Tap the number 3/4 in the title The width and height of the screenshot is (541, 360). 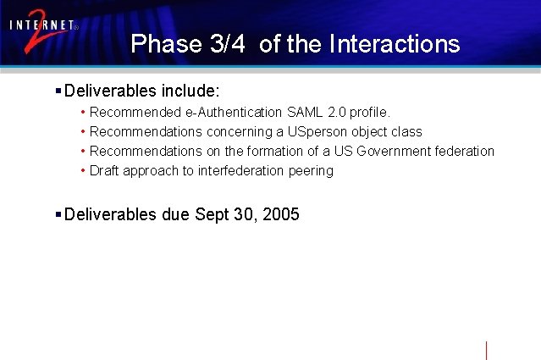click(226, 44)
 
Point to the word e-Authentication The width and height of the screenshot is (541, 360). click(235, 112)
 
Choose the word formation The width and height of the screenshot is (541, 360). click(276, 151)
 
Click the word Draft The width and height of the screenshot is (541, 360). click(104, 170)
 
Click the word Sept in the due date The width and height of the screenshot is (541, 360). click(210, 214)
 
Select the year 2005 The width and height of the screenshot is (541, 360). click(281, 214)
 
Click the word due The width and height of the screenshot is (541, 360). click(175, 214)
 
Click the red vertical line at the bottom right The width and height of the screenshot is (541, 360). click(487, 351)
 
